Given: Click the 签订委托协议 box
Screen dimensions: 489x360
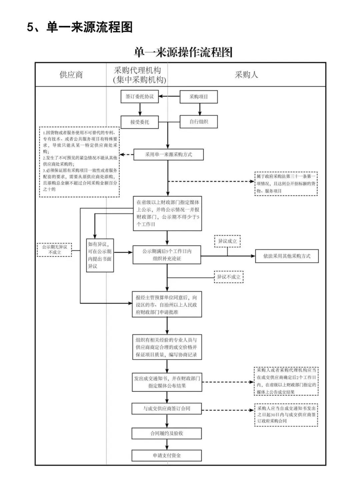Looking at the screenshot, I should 140,97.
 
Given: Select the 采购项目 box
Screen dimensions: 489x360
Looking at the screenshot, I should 199,97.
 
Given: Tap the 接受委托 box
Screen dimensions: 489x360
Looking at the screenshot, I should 140,122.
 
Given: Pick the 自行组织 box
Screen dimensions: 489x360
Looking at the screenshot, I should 199,122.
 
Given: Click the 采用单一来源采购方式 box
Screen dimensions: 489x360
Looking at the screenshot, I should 168,154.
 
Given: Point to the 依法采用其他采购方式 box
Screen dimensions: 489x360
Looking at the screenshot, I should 287,256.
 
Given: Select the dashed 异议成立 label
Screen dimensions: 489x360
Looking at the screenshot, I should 227,241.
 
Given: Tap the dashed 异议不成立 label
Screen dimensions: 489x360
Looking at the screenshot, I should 229,277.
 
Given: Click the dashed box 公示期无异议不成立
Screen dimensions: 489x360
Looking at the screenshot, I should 54,250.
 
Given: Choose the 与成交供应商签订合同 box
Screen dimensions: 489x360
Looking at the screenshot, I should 167,409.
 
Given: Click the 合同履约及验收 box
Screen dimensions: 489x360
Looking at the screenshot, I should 167,433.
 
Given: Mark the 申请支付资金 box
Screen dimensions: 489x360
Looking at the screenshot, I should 167,455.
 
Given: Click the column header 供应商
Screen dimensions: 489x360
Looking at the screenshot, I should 71,75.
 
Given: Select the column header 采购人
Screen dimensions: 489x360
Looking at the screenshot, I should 246,75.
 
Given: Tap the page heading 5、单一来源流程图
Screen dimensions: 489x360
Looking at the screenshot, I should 80,27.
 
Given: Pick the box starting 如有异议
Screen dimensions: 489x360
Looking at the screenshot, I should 100,255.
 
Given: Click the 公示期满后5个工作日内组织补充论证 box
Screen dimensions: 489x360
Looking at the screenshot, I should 167,255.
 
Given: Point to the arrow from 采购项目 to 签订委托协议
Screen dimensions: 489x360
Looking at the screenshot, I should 169,97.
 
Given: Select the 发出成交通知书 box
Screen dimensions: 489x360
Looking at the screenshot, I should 167,382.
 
